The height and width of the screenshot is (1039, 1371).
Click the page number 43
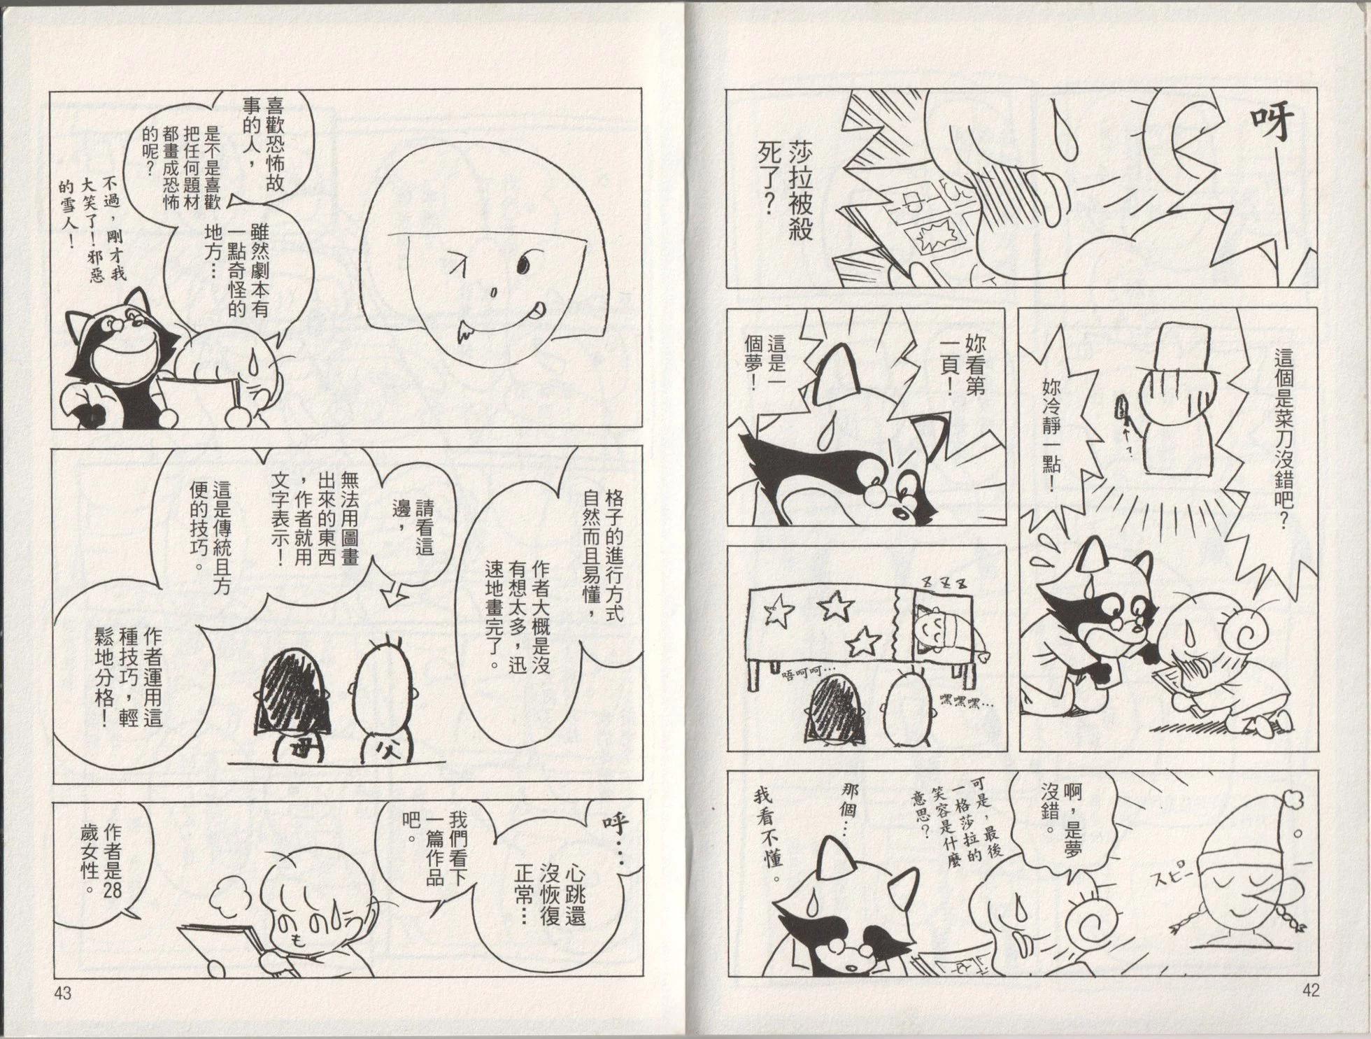[64, 993]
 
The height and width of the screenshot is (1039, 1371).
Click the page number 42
[1310, 990]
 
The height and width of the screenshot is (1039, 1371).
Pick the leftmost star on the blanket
[777, 613]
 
